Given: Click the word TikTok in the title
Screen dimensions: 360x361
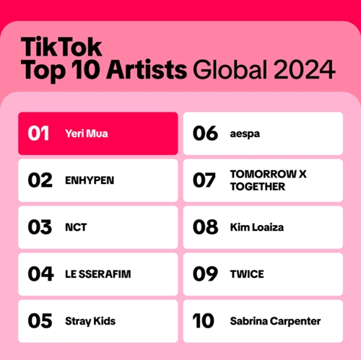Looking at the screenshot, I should (61, 47).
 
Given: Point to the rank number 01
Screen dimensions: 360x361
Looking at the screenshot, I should (39, 133).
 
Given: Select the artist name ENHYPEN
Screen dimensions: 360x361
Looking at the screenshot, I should (90, 180).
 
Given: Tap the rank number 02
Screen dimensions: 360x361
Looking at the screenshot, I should (40, 180).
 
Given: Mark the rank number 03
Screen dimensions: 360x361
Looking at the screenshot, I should (40, 227).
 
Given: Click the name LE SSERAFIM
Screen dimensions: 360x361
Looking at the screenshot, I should (98, 274).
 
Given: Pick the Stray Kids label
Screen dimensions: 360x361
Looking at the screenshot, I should (90, 320).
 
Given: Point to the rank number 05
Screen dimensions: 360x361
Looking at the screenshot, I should (40, 320).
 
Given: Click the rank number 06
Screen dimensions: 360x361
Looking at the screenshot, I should (206, 133).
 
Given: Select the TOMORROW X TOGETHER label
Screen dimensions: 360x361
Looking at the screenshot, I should (258, 180).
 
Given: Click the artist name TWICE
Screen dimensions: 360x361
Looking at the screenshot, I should (247, 274).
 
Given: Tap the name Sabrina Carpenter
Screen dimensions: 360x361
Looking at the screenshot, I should (275, 320).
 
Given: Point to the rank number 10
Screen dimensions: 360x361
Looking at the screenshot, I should (206, 320).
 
